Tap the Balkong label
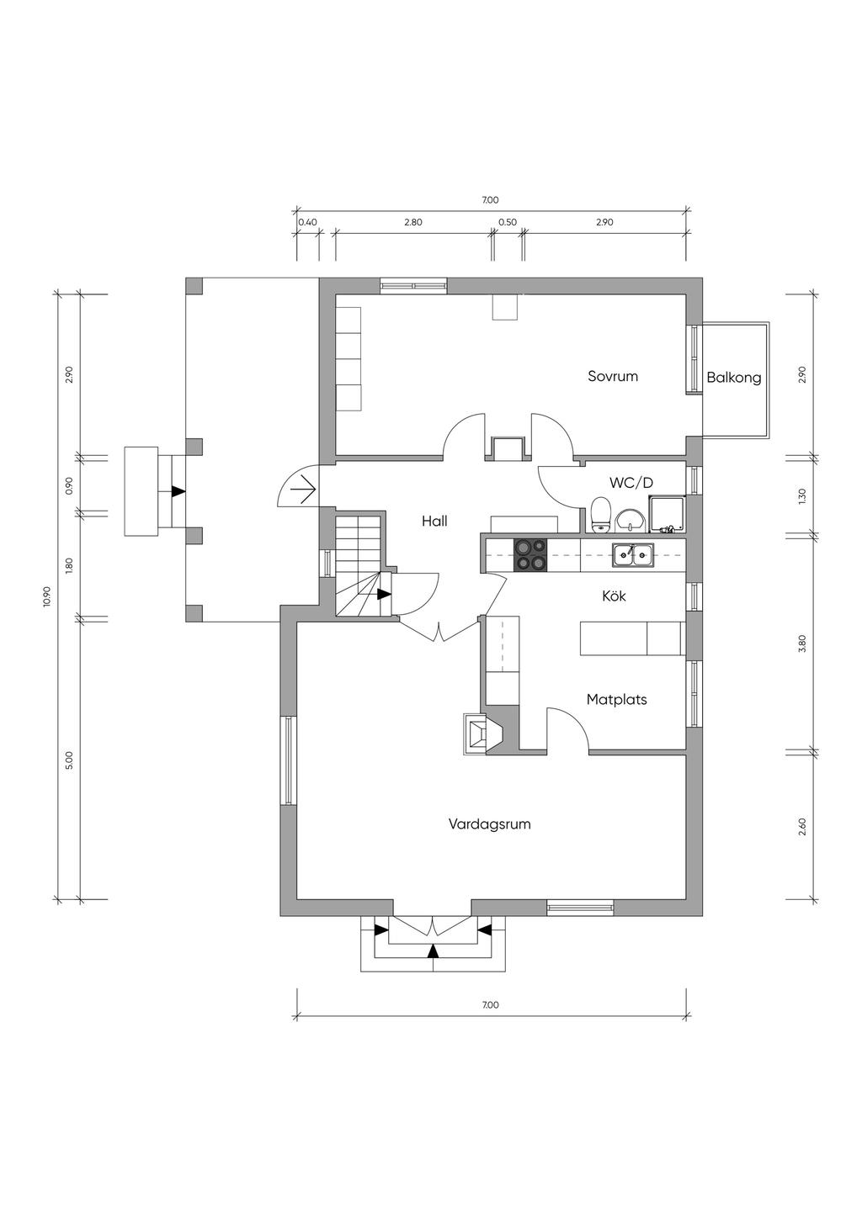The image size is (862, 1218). coord(733,378)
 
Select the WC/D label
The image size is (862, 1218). coord(631,482)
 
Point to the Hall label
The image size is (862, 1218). coord(434,522)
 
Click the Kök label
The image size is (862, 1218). coord(614,596)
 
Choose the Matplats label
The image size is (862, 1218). coord(616,699)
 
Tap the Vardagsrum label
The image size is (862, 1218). coord(489,823)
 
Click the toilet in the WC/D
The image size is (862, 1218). coord(601,515)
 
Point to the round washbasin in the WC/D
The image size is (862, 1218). coord(631,521)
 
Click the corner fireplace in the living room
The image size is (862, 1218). coord(482,733)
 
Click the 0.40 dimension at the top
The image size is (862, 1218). coord(307,222)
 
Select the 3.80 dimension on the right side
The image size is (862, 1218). coord(803,643)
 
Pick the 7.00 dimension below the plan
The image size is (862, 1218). coord(490,1005)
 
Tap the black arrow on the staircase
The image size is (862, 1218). coord(384,595)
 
